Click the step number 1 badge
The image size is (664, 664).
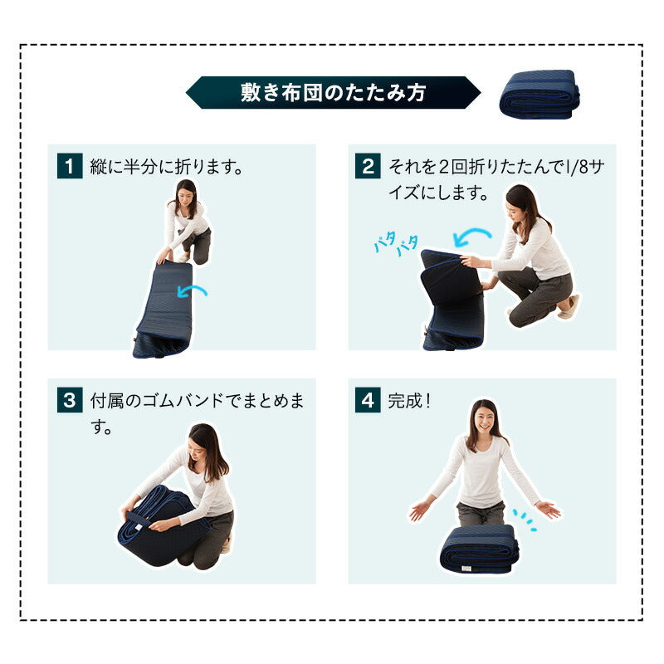[x=70, y=165]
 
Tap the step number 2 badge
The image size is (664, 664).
[x=368, y=165]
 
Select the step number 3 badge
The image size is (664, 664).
[x=70, y=400]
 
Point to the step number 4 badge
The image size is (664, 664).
[x=368, y=400]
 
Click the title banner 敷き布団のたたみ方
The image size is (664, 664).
[x=333, y=92]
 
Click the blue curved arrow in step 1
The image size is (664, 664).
[x=192, y=291]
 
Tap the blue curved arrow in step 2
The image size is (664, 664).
[x=471, y=237]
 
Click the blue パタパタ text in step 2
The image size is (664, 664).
[x=396, y=243]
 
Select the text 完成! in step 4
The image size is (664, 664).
[x=409, y=401]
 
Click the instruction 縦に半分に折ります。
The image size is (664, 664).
[x=167, y=167]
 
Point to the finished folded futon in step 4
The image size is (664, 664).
[x=480, y=549]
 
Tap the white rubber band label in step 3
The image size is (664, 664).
[x=138, y=527]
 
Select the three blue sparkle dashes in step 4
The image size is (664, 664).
[x=525, y=520]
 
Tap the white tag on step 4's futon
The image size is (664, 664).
[x=466, y=569]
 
